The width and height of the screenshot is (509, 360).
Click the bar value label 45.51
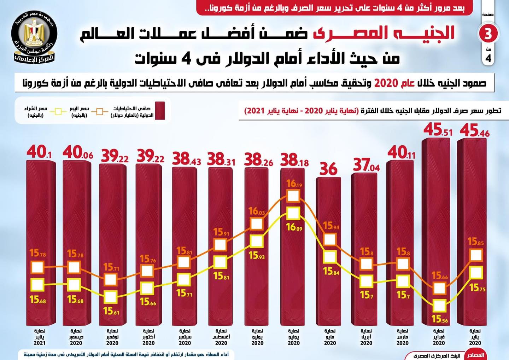(x=438, y=130)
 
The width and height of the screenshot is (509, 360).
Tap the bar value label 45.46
(x=474, y=131)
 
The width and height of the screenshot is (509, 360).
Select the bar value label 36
(x=328, y=169)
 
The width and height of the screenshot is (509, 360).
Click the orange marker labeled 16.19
(x=293, y=196)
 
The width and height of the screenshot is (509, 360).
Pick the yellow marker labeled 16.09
(x=293, y=213)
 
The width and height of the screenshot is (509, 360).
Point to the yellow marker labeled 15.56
(x=439, y=306)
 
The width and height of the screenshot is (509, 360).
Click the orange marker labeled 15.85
(x=476, y=255)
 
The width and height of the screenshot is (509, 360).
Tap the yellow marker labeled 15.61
(x=111, y=297)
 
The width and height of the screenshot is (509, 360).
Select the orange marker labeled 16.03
(x=257, y=224)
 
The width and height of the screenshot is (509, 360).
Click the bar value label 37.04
(x=366, y=165)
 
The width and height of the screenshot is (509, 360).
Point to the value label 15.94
(x=331, y=226)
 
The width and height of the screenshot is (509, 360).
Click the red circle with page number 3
(x=488, y=34)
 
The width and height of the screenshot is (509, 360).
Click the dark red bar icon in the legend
(x=160, y=111)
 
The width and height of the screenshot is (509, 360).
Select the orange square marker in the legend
(x=100, y=111)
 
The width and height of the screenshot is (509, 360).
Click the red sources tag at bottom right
(x=475, y=355)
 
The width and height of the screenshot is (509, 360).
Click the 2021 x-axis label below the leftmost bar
(x=40, y=343)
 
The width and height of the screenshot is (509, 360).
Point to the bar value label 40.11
(x=402, y=153)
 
